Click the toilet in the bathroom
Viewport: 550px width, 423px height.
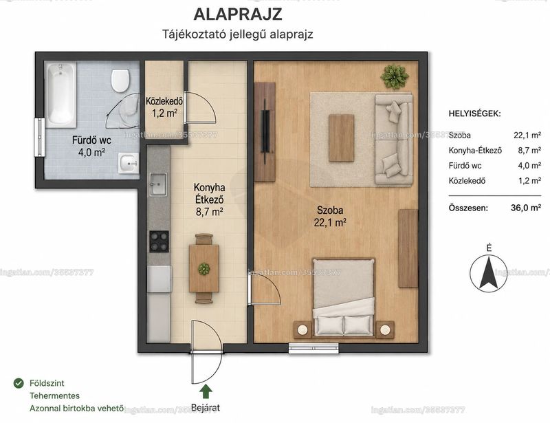(120, 80)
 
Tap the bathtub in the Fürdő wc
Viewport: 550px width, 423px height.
(61, 95)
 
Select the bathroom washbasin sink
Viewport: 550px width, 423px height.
(129, 163)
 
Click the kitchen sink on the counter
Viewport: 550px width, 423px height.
(159, 184)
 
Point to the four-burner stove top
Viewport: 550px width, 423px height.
(159, 241)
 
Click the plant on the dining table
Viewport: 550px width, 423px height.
(203, 269)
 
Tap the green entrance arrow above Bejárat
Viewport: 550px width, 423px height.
(206, 392)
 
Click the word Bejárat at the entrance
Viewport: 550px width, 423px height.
(206, 408)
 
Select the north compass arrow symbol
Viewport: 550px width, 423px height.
(488, 273)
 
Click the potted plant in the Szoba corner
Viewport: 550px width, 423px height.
(395, 76)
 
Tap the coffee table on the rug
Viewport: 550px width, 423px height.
(341, 138)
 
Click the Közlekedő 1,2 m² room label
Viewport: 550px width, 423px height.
(164, 107)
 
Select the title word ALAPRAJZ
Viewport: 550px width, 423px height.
(238, 14)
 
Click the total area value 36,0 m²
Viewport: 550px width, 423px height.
(526, 208)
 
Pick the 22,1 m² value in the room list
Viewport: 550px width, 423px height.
(527, 135)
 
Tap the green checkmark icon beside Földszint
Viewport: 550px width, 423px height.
(19, 383)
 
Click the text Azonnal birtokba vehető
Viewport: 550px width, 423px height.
(76, 409)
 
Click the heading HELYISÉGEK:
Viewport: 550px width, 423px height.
(474, 113)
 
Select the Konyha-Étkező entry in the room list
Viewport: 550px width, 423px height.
(475, 151)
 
